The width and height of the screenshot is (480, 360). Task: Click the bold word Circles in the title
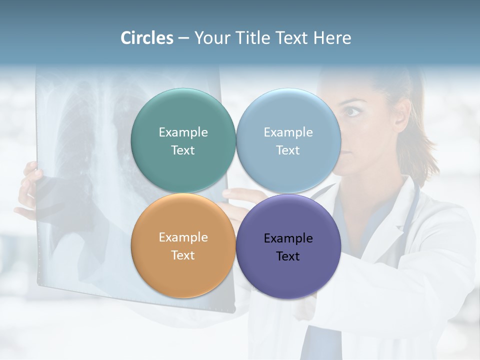coord(146,38)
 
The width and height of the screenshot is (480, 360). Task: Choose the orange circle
coord(183,270)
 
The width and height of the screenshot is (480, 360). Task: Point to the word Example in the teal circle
coord(183,132)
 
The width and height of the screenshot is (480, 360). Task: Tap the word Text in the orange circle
coord(183,255)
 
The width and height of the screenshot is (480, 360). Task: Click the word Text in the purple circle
coord(288,256)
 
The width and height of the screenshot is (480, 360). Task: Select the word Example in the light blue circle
coord(288,132)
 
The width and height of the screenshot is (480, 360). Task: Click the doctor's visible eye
coord(353,111)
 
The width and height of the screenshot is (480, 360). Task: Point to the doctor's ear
coord(400,114)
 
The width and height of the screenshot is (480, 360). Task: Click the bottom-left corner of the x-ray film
coord(39,285)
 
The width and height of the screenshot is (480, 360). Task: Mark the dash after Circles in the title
coord(183,38)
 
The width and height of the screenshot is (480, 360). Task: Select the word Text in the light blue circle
coord(288,150)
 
